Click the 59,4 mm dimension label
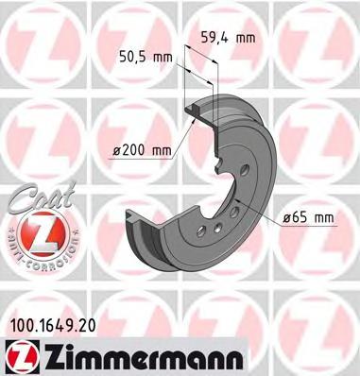pyautogui.click(x=230, y=39)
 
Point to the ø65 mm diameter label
pyautogui.click(x=309, y=218)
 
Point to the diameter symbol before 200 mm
pyautogui.click(x=112, y=148)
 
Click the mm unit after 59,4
pyautogui.click(x=245, y=39)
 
